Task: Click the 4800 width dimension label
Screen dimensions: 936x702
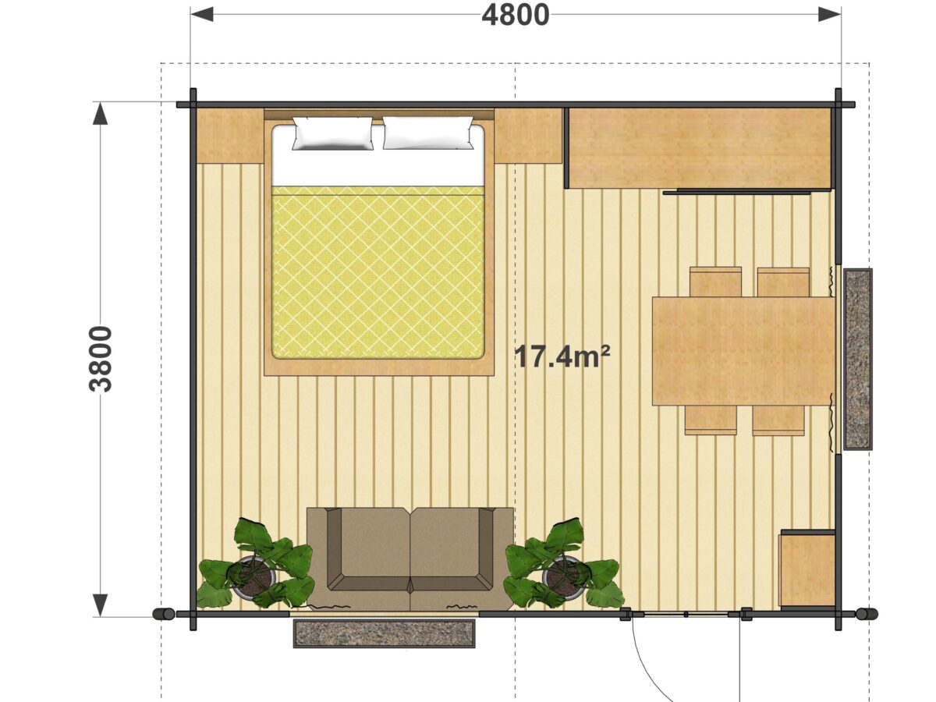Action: [x=515, y=16]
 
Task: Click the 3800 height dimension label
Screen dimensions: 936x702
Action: [x=101, y=359]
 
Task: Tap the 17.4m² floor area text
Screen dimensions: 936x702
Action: [x=563, y=356]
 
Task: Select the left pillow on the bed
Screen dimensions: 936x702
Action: [x=332, y=133]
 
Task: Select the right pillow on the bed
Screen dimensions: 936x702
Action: [x=428, y=133]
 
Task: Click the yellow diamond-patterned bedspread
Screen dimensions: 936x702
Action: [x=378, y=273]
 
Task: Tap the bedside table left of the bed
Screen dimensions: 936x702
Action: [x=230, y=136]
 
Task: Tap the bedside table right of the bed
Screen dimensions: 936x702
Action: [x=528, y=136]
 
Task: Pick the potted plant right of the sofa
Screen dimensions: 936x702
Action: [x=563, y=565]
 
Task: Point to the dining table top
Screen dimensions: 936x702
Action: [x=743, y=351]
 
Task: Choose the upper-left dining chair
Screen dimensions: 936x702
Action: [x=715, y=282]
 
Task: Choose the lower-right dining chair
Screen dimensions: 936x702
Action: [x=778, y=420]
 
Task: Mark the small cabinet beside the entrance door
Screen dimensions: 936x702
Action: [x=807, y=568]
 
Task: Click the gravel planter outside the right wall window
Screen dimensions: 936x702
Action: [x=857, y=360]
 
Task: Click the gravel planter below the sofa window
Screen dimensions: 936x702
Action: [x=385, y=633]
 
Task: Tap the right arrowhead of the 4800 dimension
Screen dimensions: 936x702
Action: [x=829, y=15]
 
